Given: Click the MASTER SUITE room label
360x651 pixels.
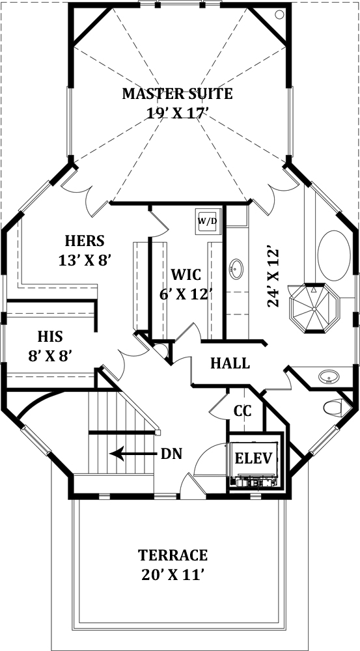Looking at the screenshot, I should coord(178,94).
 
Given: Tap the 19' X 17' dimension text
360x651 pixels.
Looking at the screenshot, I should coord(178,113).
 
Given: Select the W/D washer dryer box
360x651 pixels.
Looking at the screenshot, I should coord(207,221).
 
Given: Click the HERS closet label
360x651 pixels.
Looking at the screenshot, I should coord(85,240).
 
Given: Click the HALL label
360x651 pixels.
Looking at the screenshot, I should coord(230,363).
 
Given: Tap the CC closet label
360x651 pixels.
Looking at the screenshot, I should coord(243,411).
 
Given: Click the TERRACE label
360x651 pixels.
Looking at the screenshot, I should coord(173,555).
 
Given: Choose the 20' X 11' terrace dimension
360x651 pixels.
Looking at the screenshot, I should coord(173,575).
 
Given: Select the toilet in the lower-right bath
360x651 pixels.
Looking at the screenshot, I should coord(333,407).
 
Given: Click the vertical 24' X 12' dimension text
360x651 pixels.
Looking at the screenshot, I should coord(273,277).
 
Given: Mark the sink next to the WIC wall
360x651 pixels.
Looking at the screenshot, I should coord(236,267).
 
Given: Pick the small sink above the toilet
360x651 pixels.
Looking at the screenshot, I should coord(329,376).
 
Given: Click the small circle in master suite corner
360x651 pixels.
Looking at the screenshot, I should coord(279,14).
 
